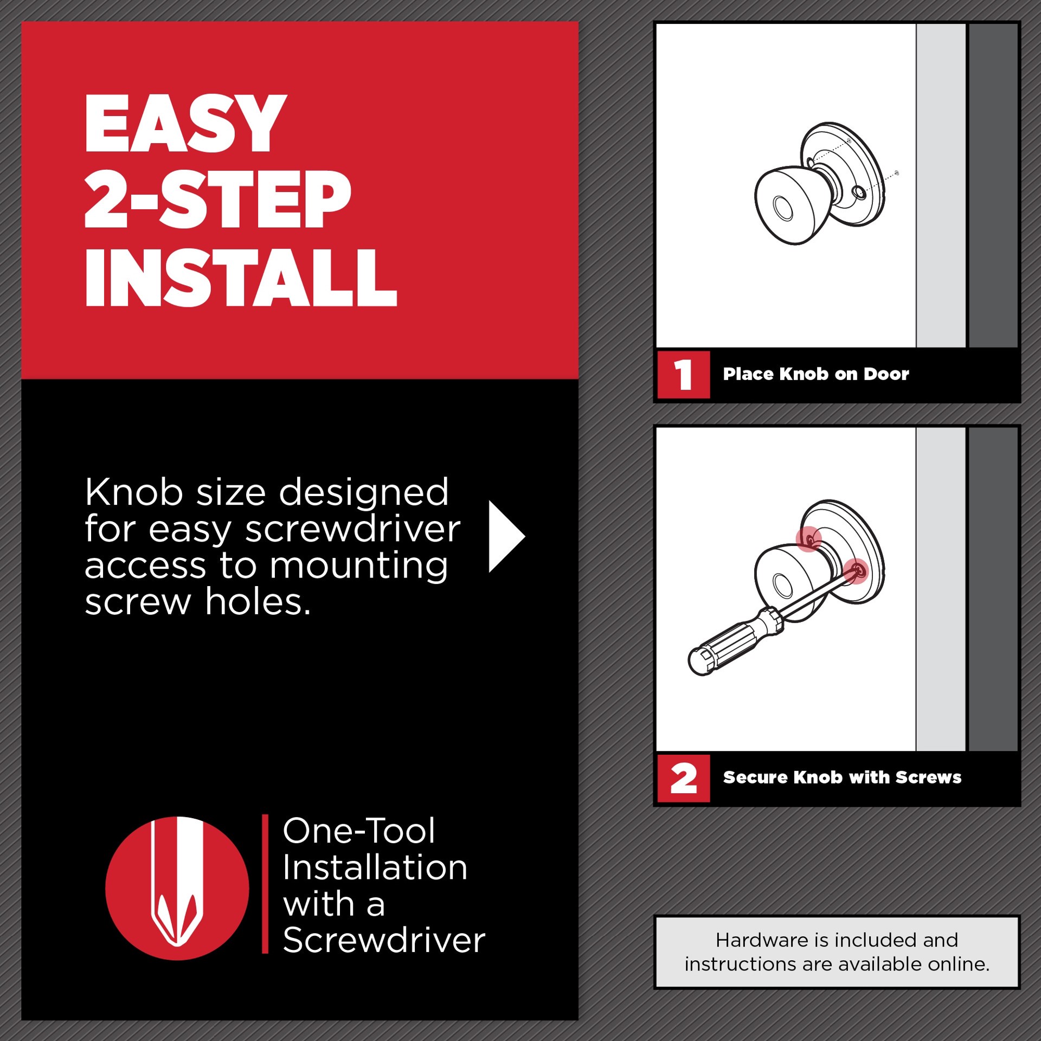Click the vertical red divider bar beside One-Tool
pyautogui.click(x=265, y=883)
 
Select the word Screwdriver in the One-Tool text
pyautogui.click(x=384, y=940)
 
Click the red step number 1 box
pyautogui.click(x=683, y=375)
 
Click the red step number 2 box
pyautogui.click(x=683, y=778)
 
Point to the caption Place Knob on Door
pyautogui.click(x=815, y=374)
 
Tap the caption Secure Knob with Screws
pyautogui.click(x=841, y=777)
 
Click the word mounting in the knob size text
pyautogui.click(x=358, y=566)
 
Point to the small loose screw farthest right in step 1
pyautogui.click(x=896, y=173)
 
